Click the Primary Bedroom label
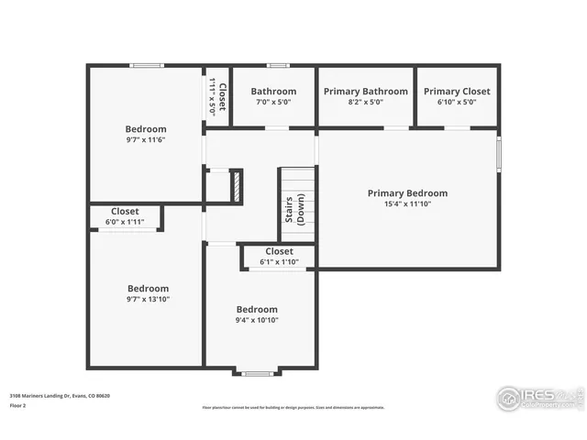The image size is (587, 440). (407, 193)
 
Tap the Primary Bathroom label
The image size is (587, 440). (364, 92)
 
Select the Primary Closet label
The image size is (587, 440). (457, 92)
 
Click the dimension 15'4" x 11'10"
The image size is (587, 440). (407, 205)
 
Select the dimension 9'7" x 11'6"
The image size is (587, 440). (146, 141)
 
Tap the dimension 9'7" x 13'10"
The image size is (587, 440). (148, 299)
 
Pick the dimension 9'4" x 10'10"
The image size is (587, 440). (257, 321)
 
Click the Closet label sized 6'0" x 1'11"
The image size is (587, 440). (125, 212)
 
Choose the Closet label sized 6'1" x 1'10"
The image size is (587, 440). (279, 251)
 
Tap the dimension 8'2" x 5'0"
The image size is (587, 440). (364, 102)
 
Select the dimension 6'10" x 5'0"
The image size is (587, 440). (457, 102)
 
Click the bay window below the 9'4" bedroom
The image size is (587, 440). (257, 372)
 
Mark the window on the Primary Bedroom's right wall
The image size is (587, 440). (499, 153)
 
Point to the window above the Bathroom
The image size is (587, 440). (278, 65)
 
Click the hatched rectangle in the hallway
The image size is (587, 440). (236, 186)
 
